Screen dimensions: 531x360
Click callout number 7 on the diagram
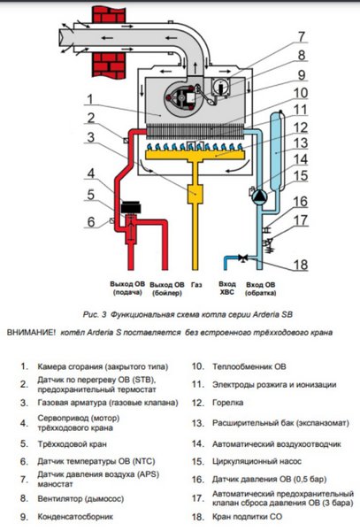pos(301,36)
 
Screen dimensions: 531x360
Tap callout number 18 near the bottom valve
pos(300,265)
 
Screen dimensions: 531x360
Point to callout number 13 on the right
pos(301,142)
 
